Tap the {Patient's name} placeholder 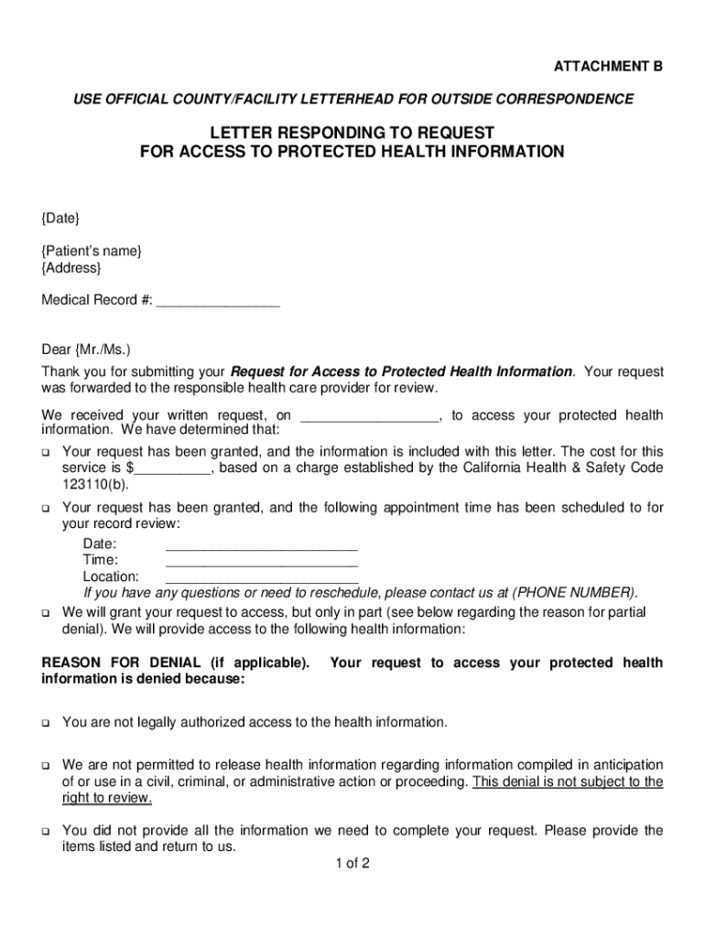pos(91,252)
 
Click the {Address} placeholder pos(71,268)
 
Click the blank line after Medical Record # pos(218,301)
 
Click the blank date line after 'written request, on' pos(370,417)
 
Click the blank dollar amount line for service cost pos(174,468)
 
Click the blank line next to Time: pos(261,560)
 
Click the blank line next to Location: pos(261,577)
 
